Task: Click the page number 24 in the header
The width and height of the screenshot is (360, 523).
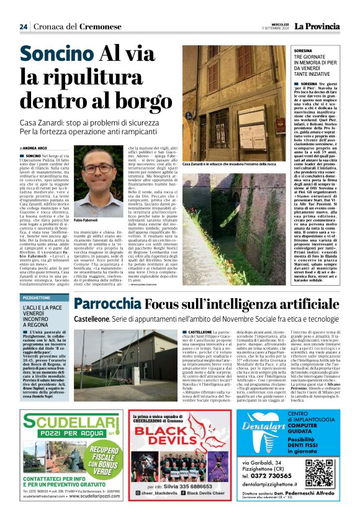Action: [x=23, y=26]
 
